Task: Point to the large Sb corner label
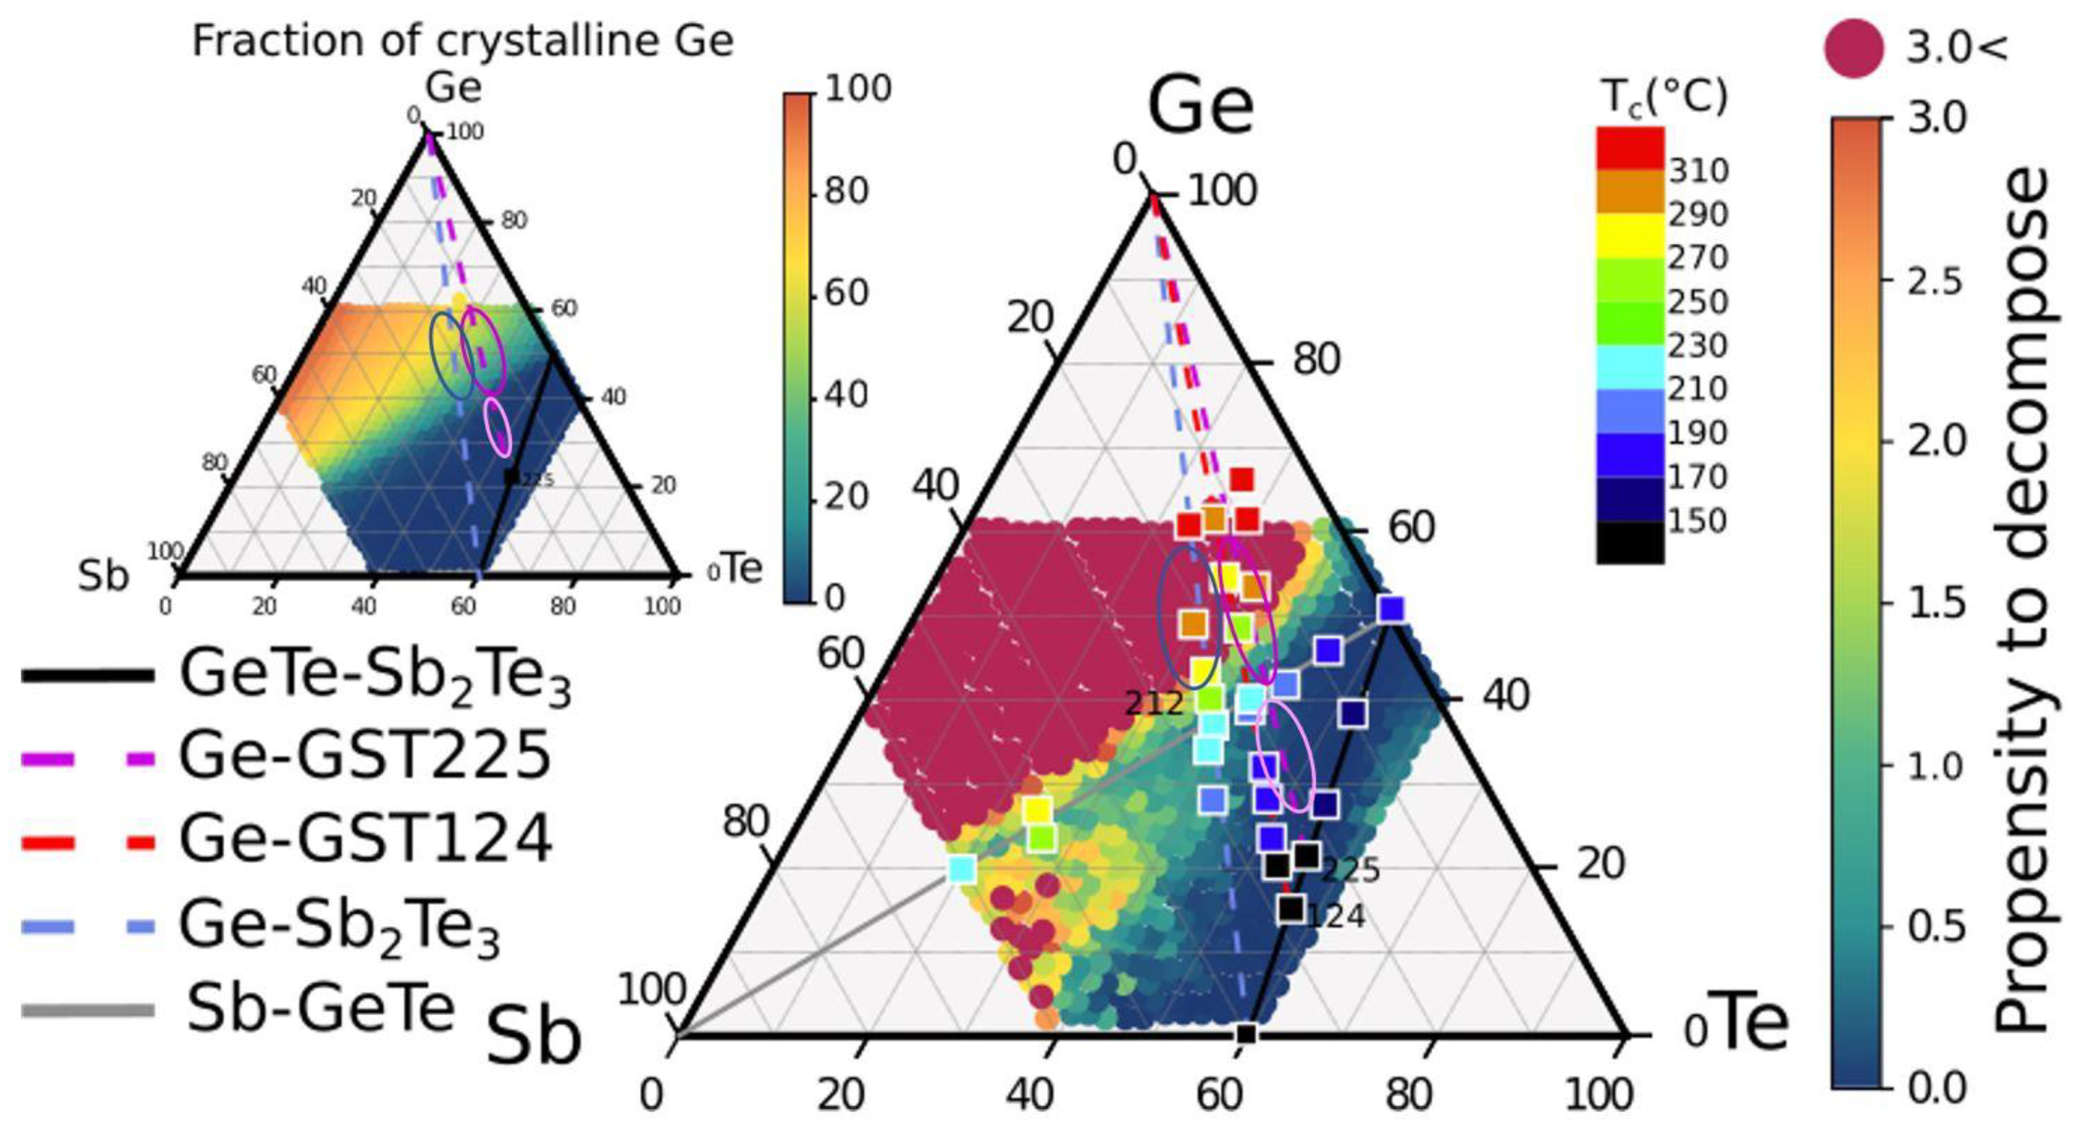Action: (x=534, y=1039)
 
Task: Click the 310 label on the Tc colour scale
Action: (x=1698, y=171)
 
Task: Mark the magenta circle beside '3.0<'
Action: (x=1854, y=48)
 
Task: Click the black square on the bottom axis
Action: (x=1247, y=1034)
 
